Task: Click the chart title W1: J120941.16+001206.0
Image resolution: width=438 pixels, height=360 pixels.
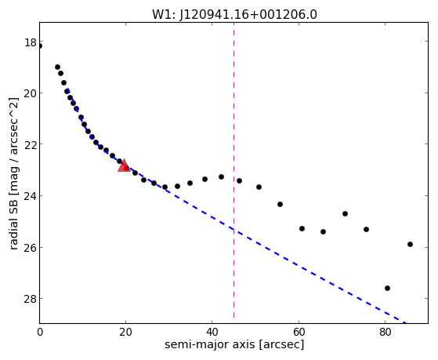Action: click(234, 14)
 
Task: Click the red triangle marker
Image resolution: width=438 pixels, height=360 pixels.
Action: click(124, 165)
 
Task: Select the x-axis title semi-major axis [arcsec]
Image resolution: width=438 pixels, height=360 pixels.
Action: click(234, 344)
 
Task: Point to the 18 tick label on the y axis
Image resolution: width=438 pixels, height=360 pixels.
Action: click(31, 43)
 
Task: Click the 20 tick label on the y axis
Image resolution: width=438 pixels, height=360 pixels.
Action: click(31, 94)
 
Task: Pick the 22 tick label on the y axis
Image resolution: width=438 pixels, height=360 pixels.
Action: click(31, 145)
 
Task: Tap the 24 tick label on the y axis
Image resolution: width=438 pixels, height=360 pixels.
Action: click(31, 197)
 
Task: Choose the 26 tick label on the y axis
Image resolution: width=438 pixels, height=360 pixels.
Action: click(31, 249)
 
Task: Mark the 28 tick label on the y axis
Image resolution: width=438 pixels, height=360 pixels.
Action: click(31, 300)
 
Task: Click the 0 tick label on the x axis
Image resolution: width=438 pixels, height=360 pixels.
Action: click(40, 332)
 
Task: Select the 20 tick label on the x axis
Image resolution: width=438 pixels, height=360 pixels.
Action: click(126, 332)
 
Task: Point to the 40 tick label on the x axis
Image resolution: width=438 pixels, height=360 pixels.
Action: click(212, 332)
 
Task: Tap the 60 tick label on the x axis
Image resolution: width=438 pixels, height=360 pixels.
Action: click(299, 332)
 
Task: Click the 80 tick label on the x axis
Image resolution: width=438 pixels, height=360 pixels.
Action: click(386, 332)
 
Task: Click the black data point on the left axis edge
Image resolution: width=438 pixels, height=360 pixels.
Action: click(40, 45)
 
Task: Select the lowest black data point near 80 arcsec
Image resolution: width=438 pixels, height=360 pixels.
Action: click(387, 288)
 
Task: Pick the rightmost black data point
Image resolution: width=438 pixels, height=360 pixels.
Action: click(410, 244)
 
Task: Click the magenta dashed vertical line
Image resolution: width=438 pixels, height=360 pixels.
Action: click(233, 170)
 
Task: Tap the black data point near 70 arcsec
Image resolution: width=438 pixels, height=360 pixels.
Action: click(345, 213)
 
